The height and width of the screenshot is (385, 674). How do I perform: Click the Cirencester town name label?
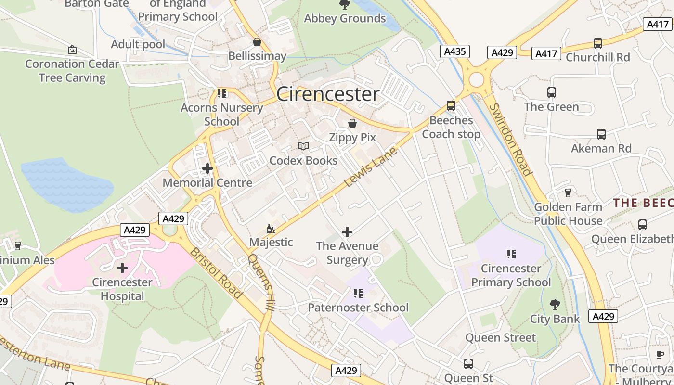[328, 94]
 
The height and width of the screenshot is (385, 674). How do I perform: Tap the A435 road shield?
[454, 51]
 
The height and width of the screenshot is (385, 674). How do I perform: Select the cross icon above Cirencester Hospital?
[122, 268]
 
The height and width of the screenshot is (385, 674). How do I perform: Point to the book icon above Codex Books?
[303, 146]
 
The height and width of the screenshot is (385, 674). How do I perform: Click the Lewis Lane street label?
[371, 167]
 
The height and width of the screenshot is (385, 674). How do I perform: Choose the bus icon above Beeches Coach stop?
[451, 105]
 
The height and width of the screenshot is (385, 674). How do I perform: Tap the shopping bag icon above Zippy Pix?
[352, 123]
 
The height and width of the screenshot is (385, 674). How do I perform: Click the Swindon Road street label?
[510, 140]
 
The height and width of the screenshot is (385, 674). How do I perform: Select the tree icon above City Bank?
[555, 304]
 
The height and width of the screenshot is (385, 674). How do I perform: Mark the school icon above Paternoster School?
[358, 293]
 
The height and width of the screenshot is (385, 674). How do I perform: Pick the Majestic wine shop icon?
[271, 229]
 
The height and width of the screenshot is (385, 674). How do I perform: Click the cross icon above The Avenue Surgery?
[347, 232]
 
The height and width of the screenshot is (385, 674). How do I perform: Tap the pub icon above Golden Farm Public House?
[568, 192]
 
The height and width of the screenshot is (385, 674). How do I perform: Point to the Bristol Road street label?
[216, 272]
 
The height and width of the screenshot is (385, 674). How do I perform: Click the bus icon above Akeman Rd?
[601, 134]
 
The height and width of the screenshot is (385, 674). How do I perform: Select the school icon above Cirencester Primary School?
[511, 254]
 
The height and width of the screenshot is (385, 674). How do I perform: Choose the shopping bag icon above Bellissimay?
[257, 42]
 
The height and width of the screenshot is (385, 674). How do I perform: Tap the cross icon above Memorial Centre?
[207, 168]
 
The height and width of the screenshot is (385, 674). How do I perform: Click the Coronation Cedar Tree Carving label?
[72, 71]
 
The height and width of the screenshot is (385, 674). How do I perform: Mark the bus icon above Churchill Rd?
[597, 43]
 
